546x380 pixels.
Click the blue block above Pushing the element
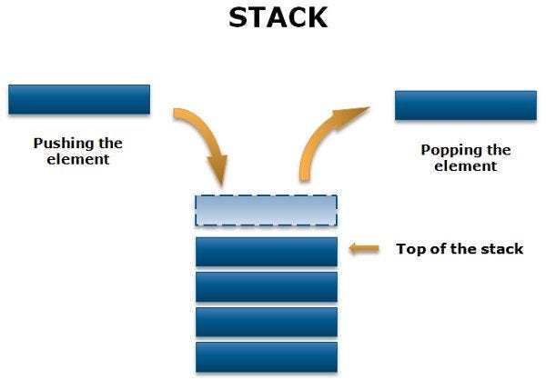click(78, 99)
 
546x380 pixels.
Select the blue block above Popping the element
click(464, 105)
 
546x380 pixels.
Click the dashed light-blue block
click(266, 211)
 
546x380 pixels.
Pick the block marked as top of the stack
click(266, 251)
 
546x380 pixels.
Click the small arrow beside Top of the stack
click(365, 248)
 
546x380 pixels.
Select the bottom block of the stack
click(266, 356)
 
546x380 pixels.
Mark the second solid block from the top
click(266, 286)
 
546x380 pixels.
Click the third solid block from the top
click(266, 322)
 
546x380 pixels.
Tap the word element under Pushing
click(78, 159)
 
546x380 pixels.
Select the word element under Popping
click(466, 166)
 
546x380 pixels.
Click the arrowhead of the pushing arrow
click(217, 167)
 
